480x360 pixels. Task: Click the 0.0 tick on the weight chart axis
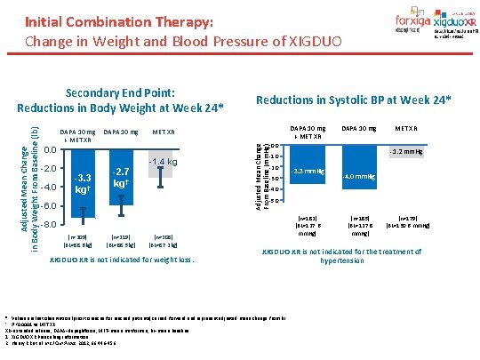pos(50,149)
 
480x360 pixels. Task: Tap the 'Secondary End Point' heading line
pos(120,92)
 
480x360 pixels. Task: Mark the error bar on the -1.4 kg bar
pos(161,175)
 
